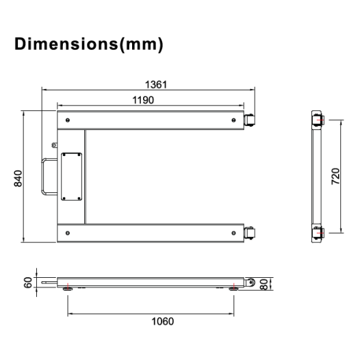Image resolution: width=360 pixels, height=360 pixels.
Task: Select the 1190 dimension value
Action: pos(143,100)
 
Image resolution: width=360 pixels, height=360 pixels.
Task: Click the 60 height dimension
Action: pos(27,283)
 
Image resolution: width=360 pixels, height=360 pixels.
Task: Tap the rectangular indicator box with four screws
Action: pos(71,177)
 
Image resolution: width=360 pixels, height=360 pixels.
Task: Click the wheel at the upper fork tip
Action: pos(250,120)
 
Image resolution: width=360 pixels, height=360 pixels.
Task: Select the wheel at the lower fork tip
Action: pos(250,233)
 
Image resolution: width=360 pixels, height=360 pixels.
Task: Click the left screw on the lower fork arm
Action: pos(67,233)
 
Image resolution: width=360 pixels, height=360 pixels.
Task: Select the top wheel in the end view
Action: pos(319,122)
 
